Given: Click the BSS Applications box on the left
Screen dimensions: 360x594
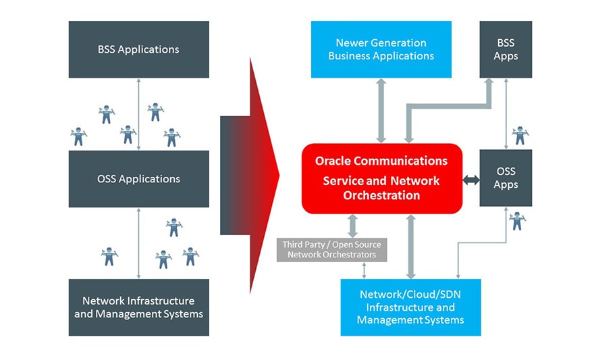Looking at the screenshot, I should (138, 49).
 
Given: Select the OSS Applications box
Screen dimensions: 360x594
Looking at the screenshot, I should (138, 178).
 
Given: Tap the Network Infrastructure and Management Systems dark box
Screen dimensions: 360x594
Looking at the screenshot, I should (138, 307).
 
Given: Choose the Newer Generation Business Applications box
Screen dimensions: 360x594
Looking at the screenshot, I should (381, 49).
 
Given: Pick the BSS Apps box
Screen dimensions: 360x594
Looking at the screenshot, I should (506, 49).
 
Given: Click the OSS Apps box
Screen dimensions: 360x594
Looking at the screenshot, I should (506, 178).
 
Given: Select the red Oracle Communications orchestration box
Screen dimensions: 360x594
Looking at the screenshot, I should (381, 178).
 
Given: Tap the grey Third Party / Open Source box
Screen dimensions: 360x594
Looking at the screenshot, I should (331, 249).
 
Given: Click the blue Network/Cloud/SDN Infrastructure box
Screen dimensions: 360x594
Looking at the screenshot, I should (410, 307).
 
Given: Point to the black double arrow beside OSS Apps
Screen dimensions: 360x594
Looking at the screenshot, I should (470, 180).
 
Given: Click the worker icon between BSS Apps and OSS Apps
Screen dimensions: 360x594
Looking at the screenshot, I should (520, 135).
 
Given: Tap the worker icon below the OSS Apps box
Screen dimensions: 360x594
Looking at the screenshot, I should (518, 220).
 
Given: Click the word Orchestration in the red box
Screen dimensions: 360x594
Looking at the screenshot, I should (381, 196).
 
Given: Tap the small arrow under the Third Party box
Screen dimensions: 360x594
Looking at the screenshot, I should (364, 270).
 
